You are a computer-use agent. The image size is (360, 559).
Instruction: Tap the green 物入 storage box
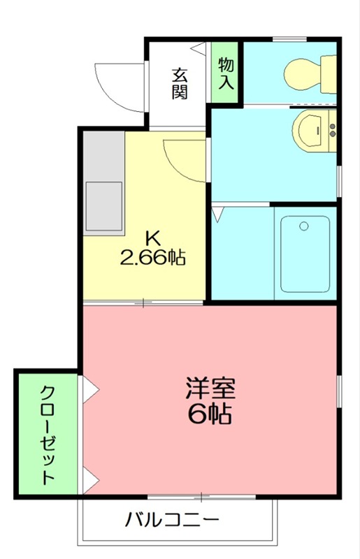pyautogui.click(x=226, y=73)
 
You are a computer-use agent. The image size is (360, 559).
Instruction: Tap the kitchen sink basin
pyautogui.click(x=103, y=207)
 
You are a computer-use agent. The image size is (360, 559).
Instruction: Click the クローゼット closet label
pyautogui.click(x=48, y=434)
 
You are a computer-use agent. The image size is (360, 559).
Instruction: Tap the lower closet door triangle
pyautogui.click(x=90, y=479)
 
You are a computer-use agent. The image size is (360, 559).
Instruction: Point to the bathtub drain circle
pyautogui.click(x=303, y=226)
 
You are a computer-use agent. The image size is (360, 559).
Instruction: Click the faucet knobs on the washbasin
pyautogui.click(x=332, y=129)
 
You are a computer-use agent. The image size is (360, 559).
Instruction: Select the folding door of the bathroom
pyautogui.click(x=218, y=212)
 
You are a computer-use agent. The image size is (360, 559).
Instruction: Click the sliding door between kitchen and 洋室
pyautogui.click(x=144, y=303)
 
